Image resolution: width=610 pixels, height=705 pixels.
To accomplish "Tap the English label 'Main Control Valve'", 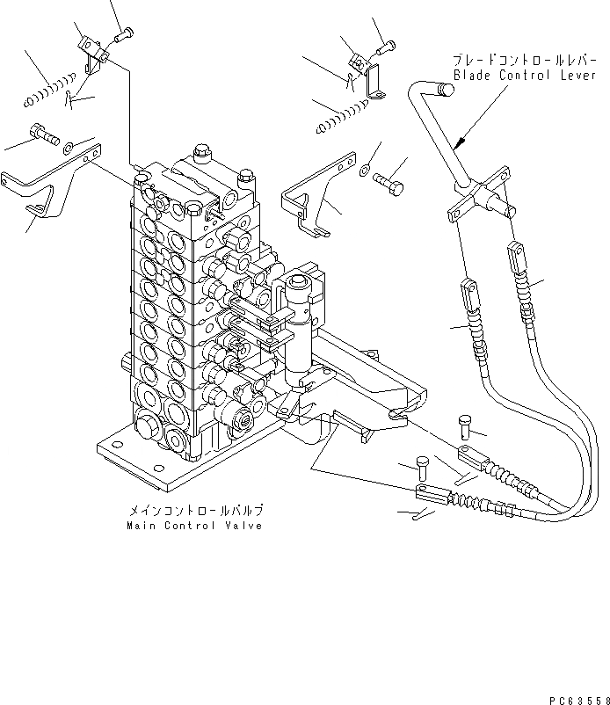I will (194, 526).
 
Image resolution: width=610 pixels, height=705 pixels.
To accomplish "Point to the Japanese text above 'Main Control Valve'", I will (195, 510).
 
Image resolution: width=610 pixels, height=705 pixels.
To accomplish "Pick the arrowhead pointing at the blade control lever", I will (459, 142).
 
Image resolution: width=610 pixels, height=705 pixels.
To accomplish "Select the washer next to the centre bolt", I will (366, 168).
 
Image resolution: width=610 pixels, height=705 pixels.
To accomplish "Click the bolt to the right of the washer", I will (390, 184).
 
